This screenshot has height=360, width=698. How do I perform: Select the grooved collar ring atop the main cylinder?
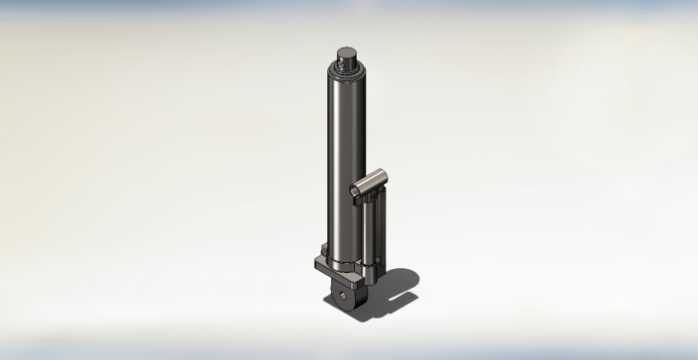point(347,69)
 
